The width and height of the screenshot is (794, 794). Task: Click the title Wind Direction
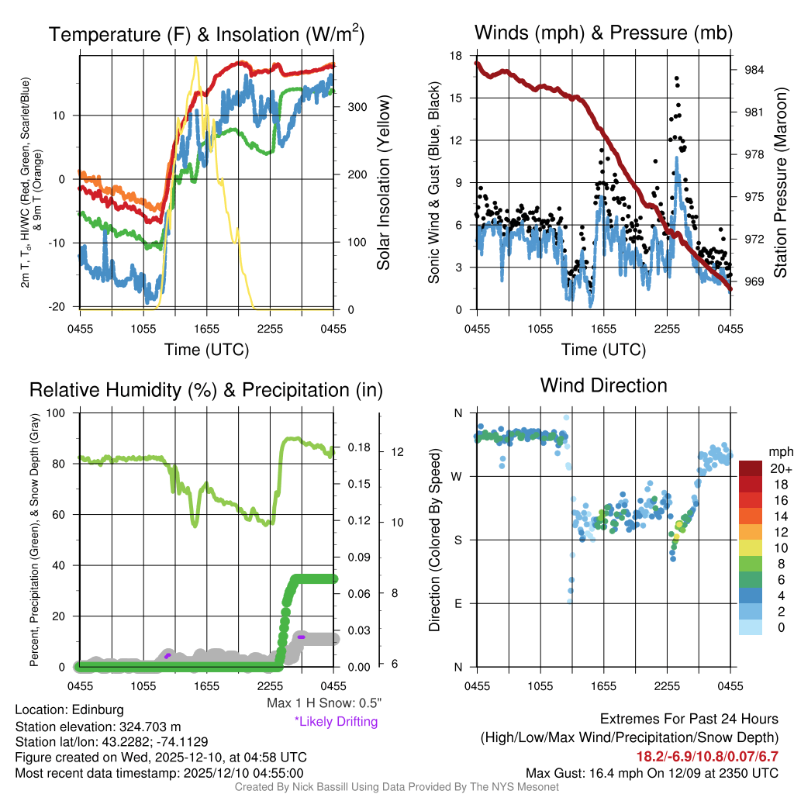[603, 385]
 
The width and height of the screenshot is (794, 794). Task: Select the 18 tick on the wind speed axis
[456, 56]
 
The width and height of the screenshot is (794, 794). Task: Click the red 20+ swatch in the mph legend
[751, 469]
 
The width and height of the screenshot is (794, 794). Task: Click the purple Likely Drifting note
[336, 722]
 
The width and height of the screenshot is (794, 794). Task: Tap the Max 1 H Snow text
[323, 703]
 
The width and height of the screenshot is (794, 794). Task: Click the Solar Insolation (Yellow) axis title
[383, 182]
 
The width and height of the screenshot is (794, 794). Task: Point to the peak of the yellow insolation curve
[195, 57]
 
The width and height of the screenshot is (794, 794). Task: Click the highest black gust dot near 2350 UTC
[677, 78]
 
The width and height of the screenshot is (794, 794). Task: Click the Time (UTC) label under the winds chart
[603, 350]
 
